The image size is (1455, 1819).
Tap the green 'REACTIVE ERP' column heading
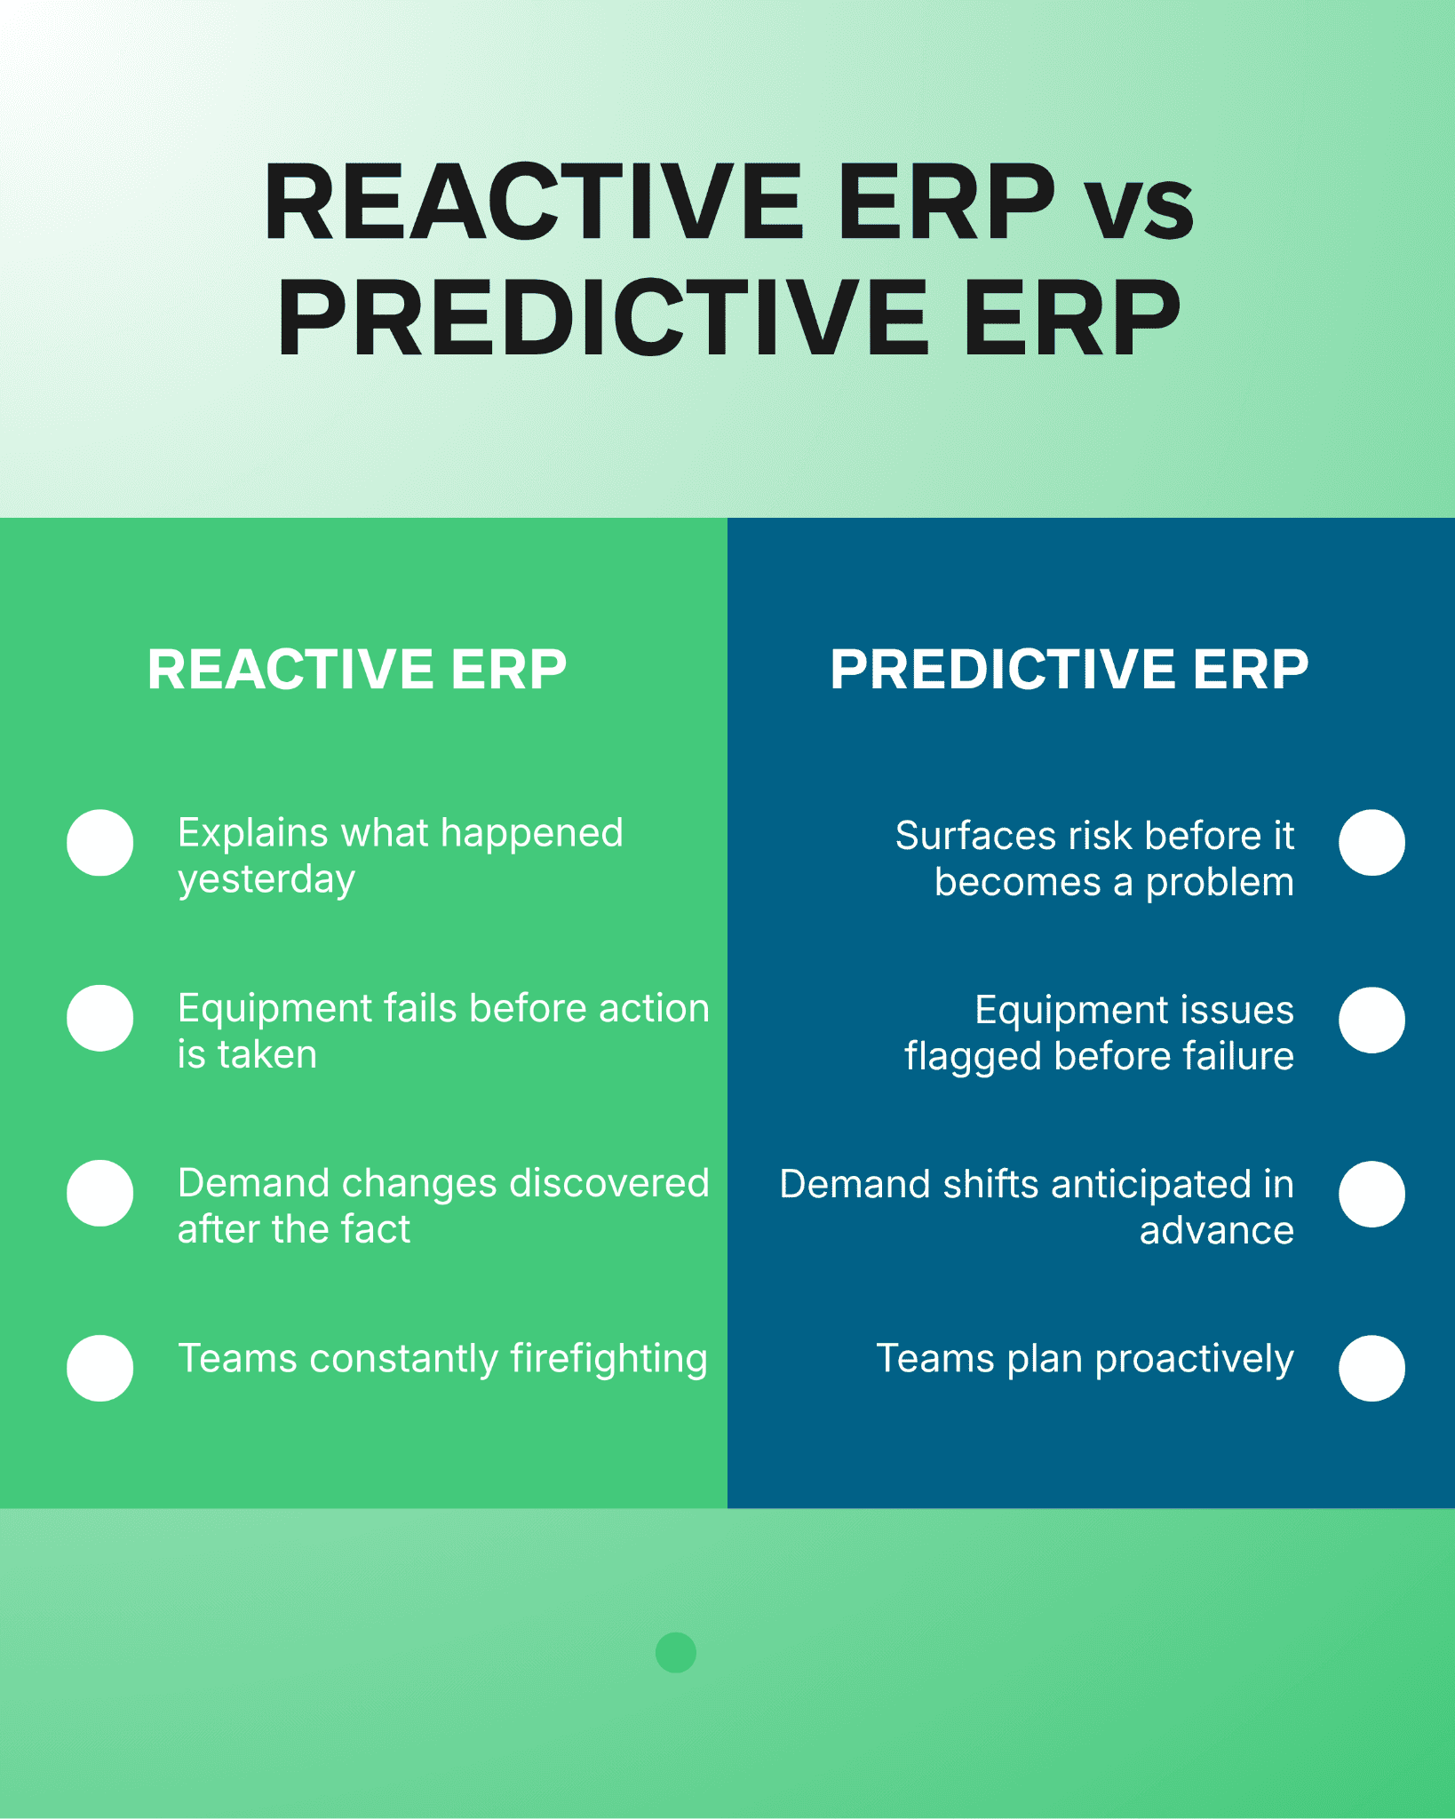(x=357, y=669)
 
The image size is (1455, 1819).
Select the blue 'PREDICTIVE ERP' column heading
(x=1069, y=669)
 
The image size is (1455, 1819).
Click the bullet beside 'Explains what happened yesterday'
(x=100, y=843)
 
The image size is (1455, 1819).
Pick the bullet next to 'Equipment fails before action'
(x=100, y=1018)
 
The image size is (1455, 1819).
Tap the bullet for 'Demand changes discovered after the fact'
(x=100, y=1193)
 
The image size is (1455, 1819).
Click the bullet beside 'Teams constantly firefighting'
(x=100, y=1368)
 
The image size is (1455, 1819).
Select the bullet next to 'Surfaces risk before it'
(x=1372, y=843)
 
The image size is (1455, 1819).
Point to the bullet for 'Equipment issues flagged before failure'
(x=1372, y=1020)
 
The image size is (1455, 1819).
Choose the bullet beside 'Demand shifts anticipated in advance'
(x=1372, y=1194)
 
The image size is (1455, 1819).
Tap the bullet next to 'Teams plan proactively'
(x=1372, y=1368)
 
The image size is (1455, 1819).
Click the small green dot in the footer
(x=676, y=1652)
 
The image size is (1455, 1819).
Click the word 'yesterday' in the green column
(x=266, y=880)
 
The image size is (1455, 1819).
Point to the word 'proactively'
(x=1195, y=1360)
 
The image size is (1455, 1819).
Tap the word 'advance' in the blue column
(x=1217, y=1231)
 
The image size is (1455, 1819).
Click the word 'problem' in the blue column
(x=1220, y=884)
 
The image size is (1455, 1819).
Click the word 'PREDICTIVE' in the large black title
(x=603, y=318)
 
